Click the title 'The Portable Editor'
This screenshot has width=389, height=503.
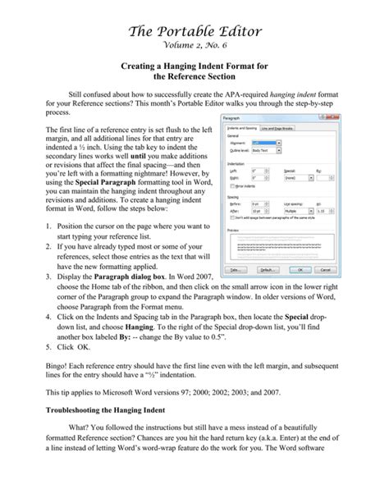pyautogui.click(x=194, y=31)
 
